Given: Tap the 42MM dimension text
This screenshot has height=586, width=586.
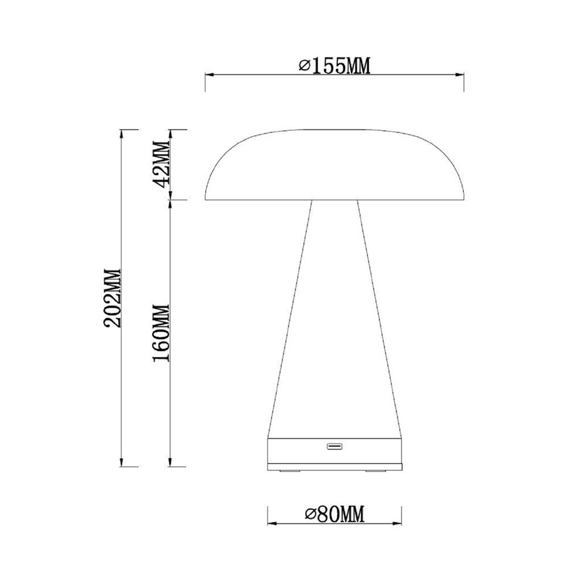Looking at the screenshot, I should [x=161, y=163].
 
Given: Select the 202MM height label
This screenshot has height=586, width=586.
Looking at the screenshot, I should [x=111, y=298].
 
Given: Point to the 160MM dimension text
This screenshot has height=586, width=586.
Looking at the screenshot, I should [x=161, y=333].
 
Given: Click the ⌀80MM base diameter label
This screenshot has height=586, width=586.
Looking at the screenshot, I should [x=335, y=515].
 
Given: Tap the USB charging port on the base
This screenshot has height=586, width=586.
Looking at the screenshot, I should [x=335, y=447].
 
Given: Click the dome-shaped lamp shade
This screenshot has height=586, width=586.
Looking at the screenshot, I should [x=335, y=167].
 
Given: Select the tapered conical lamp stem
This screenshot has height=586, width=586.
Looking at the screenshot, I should [x=335, y=316].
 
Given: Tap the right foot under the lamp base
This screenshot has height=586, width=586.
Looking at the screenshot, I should [x=374, y=470].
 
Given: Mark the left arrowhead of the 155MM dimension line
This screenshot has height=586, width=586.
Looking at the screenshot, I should [x=208, y=74].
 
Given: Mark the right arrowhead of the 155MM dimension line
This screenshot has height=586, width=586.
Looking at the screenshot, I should [x=461, y=74].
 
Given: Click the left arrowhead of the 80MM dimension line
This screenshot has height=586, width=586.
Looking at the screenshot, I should [x=271, y=523].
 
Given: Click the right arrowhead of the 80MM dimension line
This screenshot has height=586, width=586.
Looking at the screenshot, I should [x=398, y=523].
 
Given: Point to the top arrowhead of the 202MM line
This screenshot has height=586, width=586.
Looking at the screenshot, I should [x=121, y=133].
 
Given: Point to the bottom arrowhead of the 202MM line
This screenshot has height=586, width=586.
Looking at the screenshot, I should [x=121, y=464].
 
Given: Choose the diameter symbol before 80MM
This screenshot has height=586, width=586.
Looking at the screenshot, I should [x=311, y=515].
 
